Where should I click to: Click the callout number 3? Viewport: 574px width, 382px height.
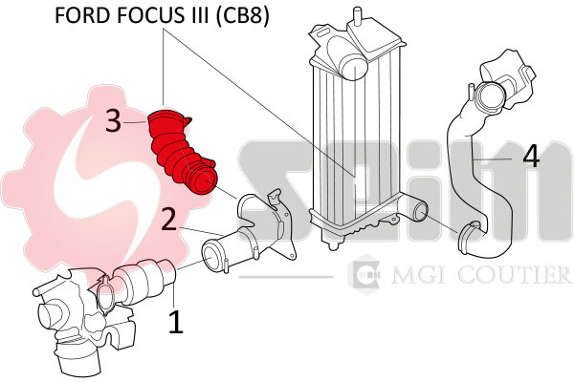click(x=113, y=121)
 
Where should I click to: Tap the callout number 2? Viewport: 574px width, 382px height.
click(x=168, y=219)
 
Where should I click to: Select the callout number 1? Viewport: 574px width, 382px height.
click(x=176, y=322)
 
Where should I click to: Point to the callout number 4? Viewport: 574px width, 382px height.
click(x=531, y=156)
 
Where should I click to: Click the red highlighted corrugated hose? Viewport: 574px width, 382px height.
click(x=182, y=151)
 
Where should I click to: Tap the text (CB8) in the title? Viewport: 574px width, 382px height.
click(x=241, y=15)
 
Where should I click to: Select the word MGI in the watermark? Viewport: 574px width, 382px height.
click(x=417, y=275)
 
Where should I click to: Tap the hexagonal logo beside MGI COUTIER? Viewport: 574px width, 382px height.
click(x=364, y=274)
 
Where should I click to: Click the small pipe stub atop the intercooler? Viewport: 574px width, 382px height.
click(x=356, y=15)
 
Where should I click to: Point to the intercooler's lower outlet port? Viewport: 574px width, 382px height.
click(x=418, y=212)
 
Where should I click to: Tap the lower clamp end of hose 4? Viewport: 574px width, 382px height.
click(x=471, y=238)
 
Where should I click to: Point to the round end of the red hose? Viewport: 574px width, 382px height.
click(x=203, y=181)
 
